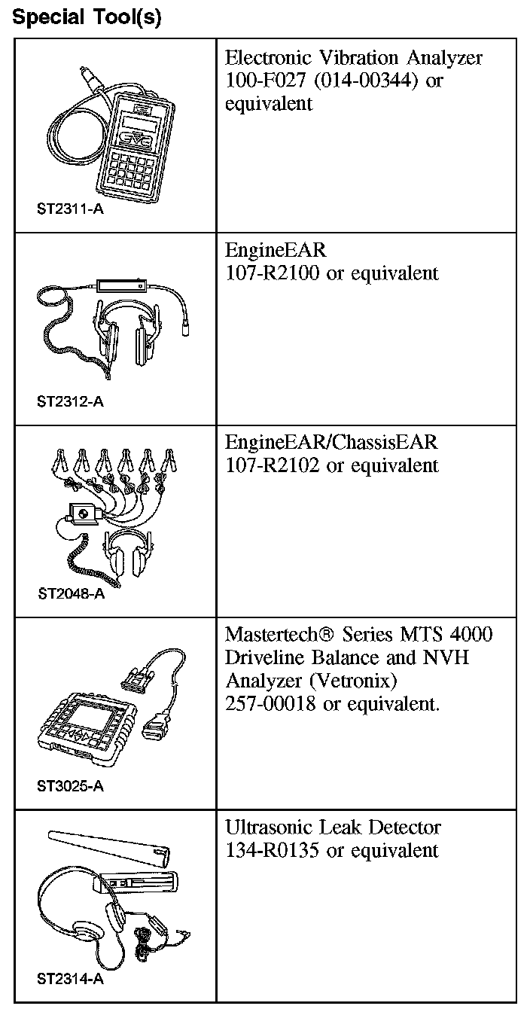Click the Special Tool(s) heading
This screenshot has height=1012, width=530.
pyautogui.click(x=87, y=17)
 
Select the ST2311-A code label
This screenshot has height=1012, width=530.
pyautogui.click(x=70, y=209)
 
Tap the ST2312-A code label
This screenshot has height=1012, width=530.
pyautogui.click(x=70, y=401)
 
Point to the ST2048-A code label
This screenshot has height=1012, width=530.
pyautogui.click(x=70, y=593)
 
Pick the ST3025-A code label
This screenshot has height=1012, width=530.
pyautogui.click(x=70, y=787)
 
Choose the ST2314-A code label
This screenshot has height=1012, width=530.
pyautogui.click(x=70, y=980)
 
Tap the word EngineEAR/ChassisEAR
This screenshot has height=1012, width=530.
pyautogui.click(x=331, y=442)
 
